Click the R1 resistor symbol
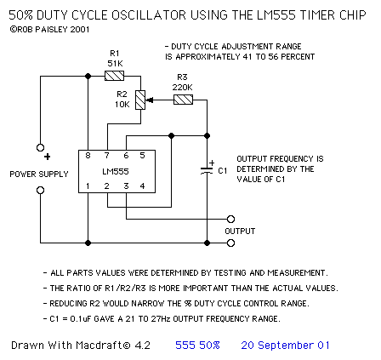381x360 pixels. click(x=114, y=76)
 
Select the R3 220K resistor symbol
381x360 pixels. click(x=183, y=100)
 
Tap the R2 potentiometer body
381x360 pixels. click(x=140, y=100)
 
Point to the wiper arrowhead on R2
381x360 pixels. click(x=150, y=100)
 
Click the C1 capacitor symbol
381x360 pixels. click(x=207, y=171)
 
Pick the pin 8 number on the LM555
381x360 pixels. click(x=88, y=156)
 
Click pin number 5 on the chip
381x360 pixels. click(x=142, y=156)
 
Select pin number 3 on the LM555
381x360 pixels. click(x=126, y=186)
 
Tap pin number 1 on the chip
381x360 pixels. click(x=88, y=186)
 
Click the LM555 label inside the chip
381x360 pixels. click(x=116, y=171)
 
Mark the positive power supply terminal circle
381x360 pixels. click(x=41, y=147)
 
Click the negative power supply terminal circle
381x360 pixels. click(x=41, y=190)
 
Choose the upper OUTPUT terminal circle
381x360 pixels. click(x=231, y=219)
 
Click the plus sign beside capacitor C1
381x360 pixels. click(x=212, y=163)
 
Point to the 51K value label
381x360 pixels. click(x=115, y=63)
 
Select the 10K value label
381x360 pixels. click(x=122, y=105)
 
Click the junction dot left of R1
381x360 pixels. click(x=88, y=76)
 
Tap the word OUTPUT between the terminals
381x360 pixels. click(x=240, y=231)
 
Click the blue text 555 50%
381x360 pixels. click(x=197, y=346)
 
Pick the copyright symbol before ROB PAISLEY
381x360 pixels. click(x=13, y=29)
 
